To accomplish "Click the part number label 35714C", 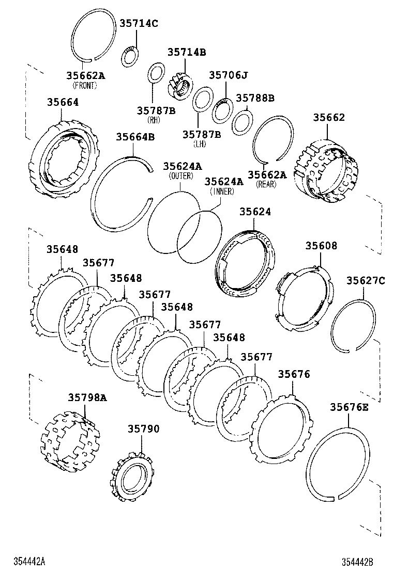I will [139, 23].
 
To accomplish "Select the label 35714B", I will [186, 52].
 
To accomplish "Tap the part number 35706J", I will [228, 75].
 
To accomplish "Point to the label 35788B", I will [254, 98].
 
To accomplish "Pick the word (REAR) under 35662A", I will [267, 184].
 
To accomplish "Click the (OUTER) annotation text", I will [181, 176].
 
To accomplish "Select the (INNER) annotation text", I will [222, 192].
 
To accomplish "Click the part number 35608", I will [321, 246].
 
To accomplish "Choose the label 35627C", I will [366, 280].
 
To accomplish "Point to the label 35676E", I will [349, 407].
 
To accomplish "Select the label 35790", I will [144, 429].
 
